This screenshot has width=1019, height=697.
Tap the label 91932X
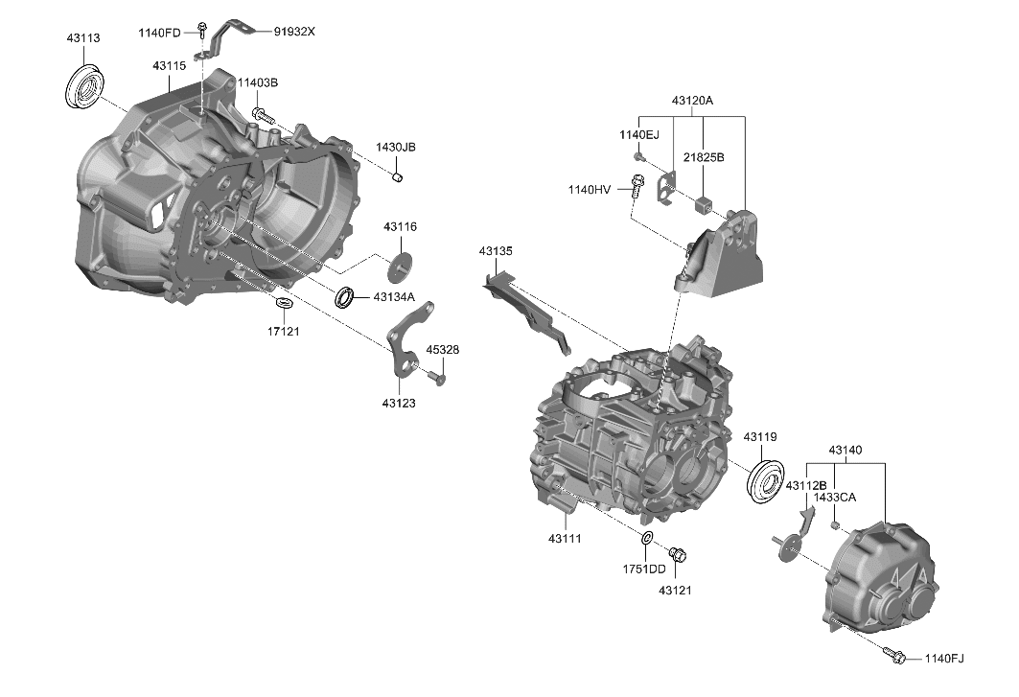pyautogui.click(x=294, y=32)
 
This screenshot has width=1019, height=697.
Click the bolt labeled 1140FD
pyautogui.click(x=202, y=28)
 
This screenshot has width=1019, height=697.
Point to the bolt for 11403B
pyautogui.click(x=262, y=115)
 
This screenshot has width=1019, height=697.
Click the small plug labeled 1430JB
pyautogui.click(x=399, y=176)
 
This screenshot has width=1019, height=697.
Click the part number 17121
pyautogui.click(x=283, y=331)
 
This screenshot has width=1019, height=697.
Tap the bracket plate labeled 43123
pyautogui.click(x=407, y=342)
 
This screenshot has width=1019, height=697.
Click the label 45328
pyautogui.click(x=442, y=350)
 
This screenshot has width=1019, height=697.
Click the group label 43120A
pyautogui.click(x=692, y=101)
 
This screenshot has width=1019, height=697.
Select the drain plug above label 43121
pyautogui.click(x=677, y=554)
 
